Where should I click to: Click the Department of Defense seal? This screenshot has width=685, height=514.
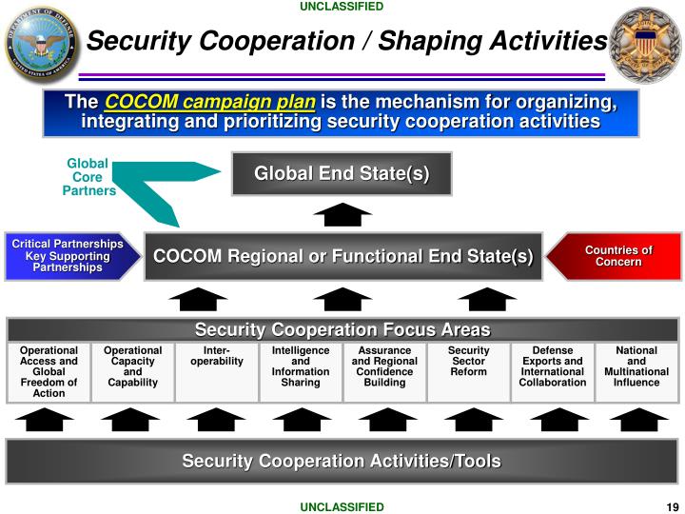coord(43,44)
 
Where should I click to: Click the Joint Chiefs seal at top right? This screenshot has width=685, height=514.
coord(645,44)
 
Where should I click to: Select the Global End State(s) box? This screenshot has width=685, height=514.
coord(342,173)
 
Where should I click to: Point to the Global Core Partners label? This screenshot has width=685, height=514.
coord(88,177)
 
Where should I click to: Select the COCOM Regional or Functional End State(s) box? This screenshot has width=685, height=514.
coord(342,256)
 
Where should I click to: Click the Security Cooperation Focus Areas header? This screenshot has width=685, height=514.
coord(342,330)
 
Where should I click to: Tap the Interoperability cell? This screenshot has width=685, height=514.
coord(217,357)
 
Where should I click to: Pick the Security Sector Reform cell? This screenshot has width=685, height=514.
coord(468,362)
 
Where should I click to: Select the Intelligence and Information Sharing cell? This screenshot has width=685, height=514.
coord(301,367)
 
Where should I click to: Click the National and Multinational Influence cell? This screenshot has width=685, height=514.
coord(636,367)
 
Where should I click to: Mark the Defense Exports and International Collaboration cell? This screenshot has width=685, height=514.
coord(553,367)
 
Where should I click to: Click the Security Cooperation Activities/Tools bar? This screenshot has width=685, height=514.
coord(342,462)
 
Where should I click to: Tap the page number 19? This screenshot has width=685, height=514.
coord(672,507)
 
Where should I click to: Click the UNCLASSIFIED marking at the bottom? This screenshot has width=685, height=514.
coord(342,507)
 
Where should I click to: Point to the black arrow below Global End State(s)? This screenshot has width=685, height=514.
coord(342,215)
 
